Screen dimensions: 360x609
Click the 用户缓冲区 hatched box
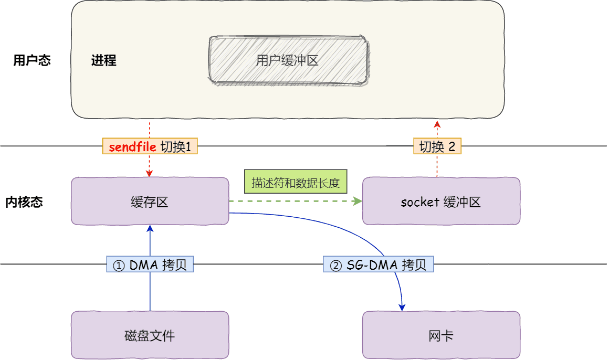(x=288, y=60)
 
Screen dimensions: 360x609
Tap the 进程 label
(x=103, y=60)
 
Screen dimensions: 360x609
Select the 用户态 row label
(x=32, y=60)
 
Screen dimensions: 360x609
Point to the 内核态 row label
(x=24, y=202)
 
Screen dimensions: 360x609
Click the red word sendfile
(x=132, y=147)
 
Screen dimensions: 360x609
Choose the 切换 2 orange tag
(x=437, y=146)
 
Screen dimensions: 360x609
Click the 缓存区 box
(x=150, y=202)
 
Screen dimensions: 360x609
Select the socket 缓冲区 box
(x=441, y=202)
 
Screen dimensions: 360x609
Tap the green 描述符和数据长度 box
(x=296, y=183)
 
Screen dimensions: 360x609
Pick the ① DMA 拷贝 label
(x=150, y=265)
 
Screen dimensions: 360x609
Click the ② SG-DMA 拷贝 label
(x=378, y=265)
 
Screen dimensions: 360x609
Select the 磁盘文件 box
(x=150, y=335)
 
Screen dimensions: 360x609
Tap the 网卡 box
(x=441, y=335)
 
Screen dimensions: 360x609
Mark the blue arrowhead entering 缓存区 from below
(x=150, y=228)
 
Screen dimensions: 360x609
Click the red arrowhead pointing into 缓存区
(x=150, y=174)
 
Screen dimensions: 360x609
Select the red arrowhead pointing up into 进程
(x=437, y=123)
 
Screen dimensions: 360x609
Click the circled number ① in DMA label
(x=119, y=266)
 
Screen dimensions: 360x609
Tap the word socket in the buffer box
(x=419, y=202)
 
